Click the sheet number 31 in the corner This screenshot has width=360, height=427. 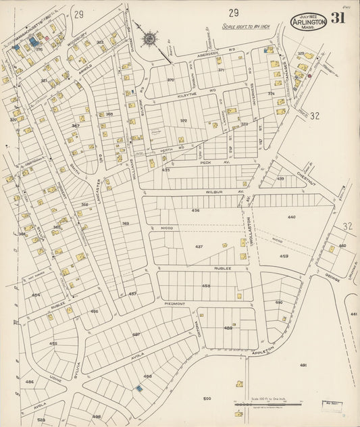(338, 18)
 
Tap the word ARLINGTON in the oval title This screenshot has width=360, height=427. (309, 22)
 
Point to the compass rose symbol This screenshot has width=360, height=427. (149, 38)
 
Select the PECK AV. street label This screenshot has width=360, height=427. (207, 163)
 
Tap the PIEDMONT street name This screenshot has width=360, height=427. (174, 304)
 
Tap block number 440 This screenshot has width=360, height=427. (291, 217)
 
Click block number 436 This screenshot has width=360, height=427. (195, 211)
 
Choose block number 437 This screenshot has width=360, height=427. (199, 247)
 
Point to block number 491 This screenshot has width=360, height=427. (303, 365)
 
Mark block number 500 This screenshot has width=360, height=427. (207, 399)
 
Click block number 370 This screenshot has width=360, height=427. (170, 80)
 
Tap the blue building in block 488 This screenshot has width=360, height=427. (139, 388)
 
